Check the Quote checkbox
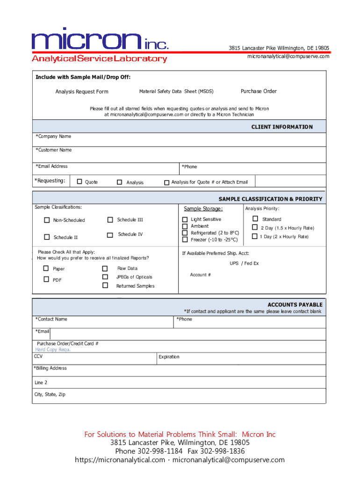[x=79, y=181]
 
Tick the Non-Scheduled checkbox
[x=47, y=220]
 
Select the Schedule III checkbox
[x=110, y=219]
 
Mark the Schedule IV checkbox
[x=110, y=235]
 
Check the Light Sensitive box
[x=185, y=219]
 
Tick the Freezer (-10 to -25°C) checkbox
[x=185, y=239]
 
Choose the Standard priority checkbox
[x=255, y=218]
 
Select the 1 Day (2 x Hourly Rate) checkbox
[x=255, y=236]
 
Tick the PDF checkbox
[x=46, y=279]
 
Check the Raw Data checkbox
[x=105, y=269]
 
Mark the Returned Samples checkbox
[x=105, y=285]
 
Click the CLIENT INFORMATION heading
[x=282, y=127]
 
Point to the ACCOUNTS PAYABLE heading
[x=295, y=305]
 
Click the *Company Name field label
[x=54, y=137]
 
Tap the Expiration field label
[x=169, y=357]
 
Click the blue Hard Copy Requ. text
[x=53, y=349]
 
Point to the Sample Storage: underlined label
[x=203, y=209]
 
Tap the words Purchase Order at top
[x=259, y=91]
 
